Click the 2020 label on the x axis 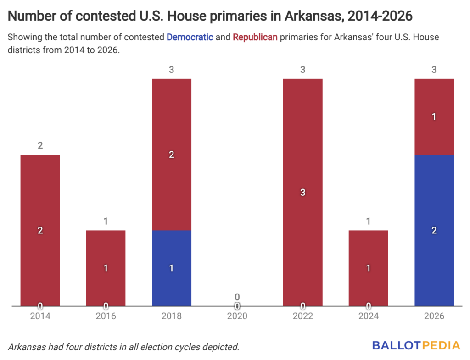click(237, 316)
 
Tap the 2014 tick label click(40, 316)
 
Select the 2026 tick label click(434, 316)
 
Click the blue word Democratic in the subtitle click(190, 37)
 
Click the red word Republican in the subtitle click(255, 37)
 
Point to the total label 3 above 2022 click(302, 70)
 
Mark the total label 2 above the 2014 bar click(40, 146)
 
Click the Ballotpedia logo click(416, 345)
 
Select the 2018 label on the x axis click(171, 316)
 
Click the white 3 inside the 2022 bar click(302, 193)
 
